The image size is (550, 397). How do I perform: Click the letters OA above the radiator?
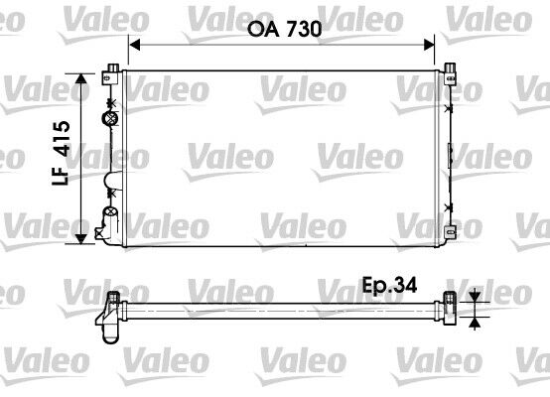tap(259, 31)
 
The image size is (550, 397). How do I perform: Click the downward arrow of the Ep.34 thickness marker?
tap(475, 296)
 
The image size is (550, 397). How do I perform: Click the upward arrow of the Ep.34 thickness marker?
tap(475, 320)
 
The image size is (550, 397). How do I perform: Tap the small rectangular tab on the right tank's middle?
tap(453, 153)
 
